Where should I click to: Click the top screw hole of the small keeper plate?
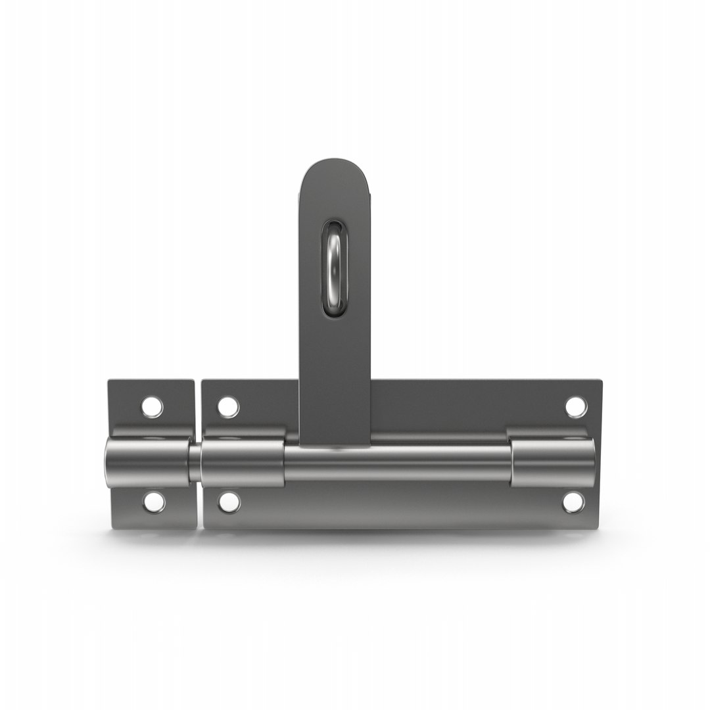(x=152, y=407)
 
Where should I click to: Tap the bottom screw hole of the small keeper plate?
(x=153, y=502)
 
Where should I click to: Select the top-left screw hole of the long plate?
(x=228, y=407)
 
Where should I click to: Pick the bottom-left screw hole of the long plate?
(x=229, y=502)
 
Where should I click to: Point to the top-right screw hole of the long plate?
(x=576, y=407)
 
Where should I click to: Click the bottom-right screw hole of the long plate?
(x=573, y=502)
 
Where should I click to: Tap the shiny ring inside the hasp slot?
(x=334, y=269)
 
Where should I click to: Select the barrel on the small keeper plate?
(x=148, y=462)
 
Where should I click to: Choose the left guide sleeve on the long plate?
(x=243, y=463)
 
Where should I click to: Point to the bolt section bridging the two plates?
(x=195, y=462)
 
